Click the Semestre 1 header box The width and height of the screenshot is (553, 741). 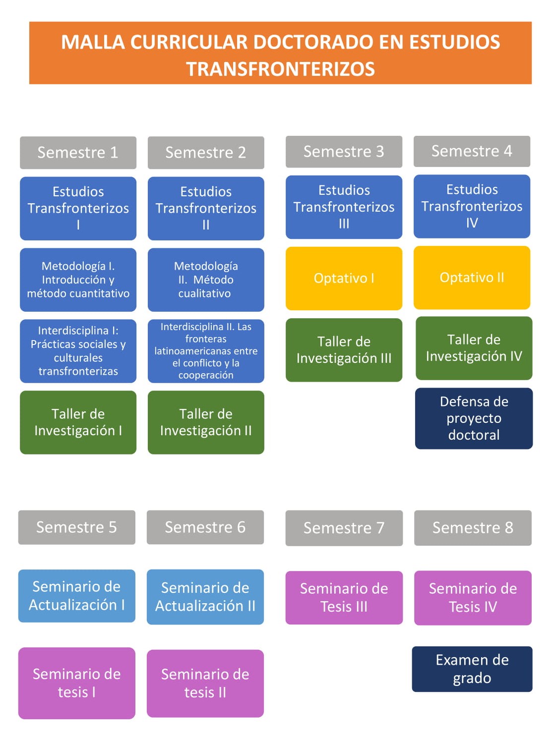pyautogui.click(x=78, y=153)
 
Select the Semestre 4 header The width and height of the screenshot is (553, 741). pyautogui.click(x=472, y=151)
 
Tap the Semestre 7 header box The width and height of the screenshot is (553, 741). pyautogui.click(x=344, y=528)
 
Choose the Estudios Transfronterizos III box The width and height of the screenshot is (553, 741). pyautogui.click(x=344, y=207)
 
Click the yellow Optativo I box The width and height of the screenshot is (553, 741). pyautogui.click(x=344, y=278)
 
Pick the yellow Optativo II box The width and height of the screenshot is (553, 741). pyautogui.click(x=472, y=278)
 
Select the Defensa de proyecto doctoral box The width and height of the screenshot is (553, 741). pyautogui.click(x=474, y=418)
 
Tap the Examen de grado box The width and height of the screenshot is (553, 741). pyautogui.click(x=472, y=669)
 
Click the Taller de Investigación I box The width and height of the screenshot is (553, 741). pyautogui.click(x=78, y=422)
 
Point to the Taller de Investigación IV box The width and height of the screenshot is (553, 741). pyautogui.click(x=474, y=348)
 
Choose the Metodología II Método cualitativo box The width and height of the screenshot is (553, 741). pyautogui.click(x=206, y=280)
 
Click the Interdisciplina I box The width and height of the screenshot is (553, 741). pyautogui.click(x=78, y=351)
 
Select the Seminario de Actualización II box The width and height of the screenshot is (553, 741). pyautogui.click(x=205, y=597)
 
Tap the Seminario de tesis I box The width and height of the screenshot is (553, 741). pyautogui.click(x=76, y=683)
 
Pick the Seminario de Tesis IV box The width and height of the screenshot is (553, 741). pyautogui.click(x=473, y=598)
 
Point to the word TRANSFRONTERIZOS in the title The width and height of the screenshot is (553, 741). pyautogui.click(x=280, y=69)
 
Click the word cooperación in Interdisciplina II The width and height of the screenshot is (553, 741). pyautogui.click(x=206, y=375)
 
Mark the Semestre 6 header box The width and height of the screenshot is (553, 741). pyautogui.click(x=205, y=527)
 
